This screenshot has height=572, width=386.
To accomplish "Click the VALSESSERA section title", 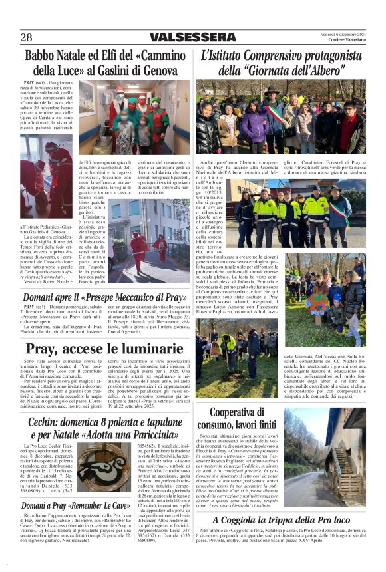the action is (192, 38).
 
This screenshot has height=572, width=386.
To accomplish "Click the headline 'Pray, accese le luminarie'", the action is (104, 349).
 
